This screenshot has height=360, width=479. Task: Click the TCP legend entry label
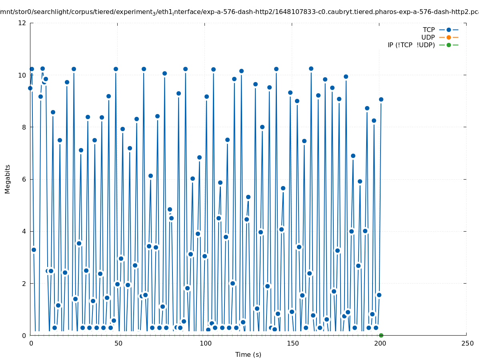point(429,30)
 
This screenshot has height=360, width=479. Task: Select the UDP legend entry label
point(428,37)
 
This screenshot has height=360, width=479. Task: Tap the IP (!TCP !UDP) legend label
point(411,45)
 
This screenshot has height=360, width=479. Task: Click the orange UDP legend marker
point(449,37)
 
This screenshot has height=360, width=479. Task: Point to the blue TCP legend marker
point(449,30)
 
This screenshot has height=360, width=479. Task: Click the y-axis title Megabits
point(8,179)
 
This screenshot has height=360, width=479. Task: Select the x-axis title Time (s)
point(248,354)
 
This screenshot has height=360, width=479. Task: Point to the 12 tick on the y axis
point(22,23)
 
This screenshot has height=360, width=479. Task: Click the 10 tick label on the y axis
point(22,75)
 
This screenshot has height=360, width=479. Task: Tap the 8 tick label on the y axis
point(24,127)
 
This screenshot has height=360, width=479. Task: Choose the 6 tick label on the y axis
point(24,179)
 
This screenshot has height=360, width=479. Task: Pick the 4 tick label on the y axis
point(24,231)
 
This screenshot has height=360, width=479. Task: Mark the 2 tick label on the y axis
point(24,283)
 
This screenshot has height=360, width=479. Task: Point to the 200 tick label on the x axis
point(379,343)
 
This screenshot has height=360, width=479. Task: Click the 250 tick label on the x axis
point(467,343)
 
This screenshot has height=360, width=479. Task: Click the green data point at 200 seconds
point(381,335)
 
